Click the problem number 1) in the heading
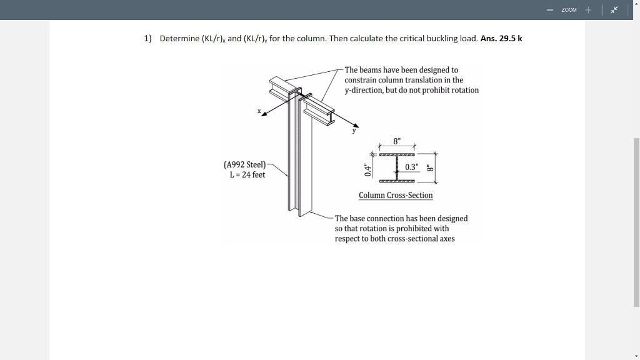pos(148,38)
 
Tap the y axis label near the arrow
pos(353,130)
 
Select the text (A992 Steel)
pos(244,164)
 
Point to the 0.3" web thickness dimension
pos(412,167)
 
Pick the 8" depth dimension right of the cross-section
pos(429,167)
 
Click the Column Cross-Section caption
pos(396,195)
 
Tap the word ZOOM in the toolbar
pos(568,10)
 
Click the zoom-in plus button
pos(587,10)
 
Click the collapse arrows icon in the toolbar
pos(614,10)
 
